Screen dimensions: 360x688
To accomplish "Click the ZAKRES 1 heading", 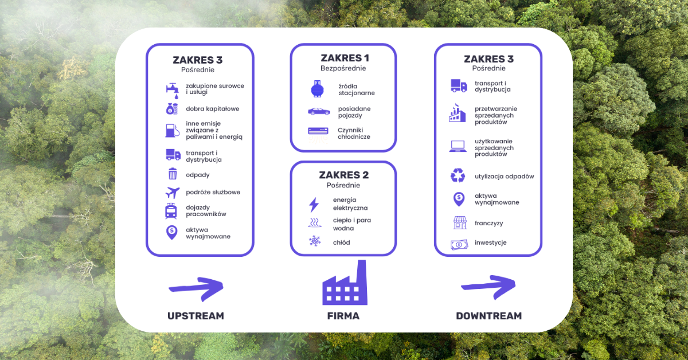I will point(345,58).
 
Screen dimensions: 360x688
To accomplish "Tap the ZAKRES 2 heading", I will point(343,175).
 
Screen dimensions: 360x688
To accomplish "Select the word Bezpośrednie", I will point(343,69).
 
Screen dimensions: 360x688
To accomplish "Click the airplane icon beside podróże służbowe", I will point(172,193).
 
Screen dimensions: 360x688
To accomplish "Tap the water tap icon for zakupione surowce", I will point(171,90).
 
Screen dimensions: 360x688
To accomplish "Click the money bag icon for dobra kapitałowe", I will point(172,108).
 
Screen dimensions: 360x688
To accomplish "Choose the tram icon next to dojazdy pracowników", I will point(171,211).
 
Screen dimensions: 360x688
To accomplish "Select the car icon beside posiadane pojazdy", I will point(319,111).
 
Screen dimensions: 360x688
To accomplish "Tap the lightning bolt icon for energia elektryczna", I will point(314,205).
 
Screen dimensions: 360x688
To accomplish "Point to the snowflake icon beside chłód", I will point(315,242).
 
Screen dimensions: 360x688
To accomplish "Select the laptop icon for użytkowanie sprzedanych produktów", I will point(458,147).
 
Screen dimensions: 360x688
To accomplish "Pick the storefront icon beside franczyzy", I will point(459,222).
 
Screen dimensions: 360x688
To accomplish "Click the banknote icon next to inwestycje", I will point(459,244).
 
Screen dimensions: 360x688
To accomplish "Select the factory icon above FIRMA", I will point(345,285).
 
